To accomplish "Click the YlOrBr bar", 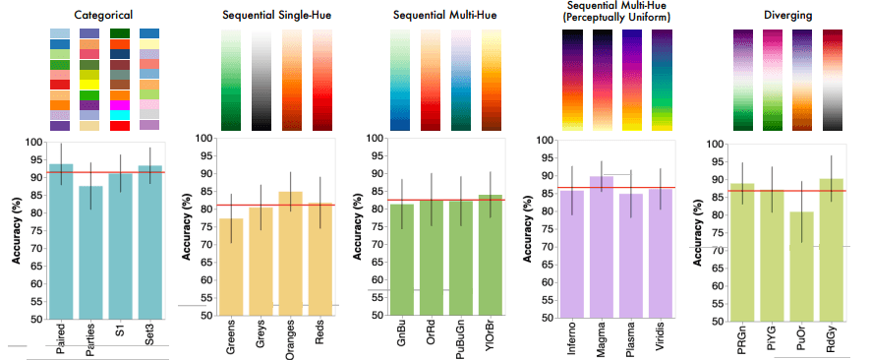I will click(492, 256).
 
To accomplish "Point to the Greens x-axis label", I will click(232, 336).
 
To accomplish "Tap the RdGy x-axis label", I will click(832, 337).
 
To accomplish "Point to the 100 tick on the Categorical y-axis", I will click(35, 143).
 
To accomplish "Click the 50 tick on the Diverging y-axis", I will click(718, 320).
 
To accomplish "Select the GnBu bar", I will click(402, 260).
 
